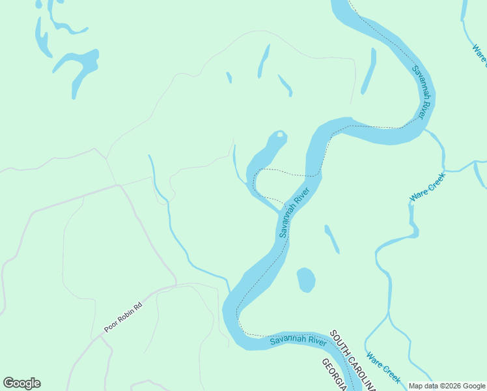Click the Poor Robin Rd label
click(x=122, y=317)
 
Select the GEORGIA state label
click(x=333, y=374)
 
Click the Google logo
click(x=21, y=383)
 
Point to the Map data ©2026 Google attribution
click(x=447, y=386)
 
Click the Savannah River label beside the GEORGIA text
click(x=298, y=340)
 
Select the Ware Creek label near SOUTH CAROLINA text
click(x=383, y=368)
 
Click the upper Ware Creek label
click(x=427, y=187)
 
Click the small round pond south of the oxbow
click(x=306, y=280)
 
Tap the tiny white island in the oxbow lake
click(x=279, y=136)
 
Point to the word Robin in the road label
click(x=122, y=317)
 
